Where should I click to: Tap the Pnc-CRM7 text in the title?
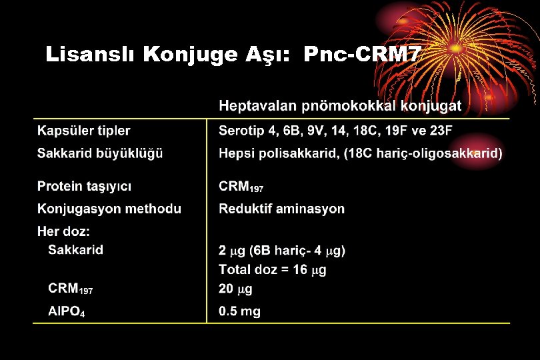(x=362, y=55)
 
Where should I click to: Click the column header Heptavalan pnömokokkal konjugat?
(x=340, y=106)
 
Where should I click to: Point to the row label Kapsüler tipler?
(x=83, y=131)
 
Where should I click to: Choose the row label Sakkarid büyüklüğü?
(x=100, y=153)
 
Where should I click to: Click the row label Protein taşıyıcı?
(x=89, y=186)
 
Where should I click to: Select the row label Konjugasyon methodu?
(x=109, y=209)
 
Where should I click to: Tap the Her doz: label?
(x=63, y=231)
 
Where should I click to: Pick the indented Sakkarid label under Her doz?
(x=75, y=250)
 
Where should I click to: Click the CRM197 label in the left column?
(x=70, y=289)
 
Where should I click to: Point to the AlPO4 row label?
(x=66, y=311)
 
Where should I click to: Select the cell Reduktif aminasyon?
(x=281, y=209)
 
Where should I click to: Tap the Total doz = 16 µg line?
(x=272, y=270)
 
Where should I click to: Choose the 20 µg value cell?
(x=235, y=289)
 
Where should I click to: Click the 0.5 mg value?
(x=239, y=311)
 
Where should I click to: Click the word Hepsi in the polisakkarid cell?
(x=236, y=154)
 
